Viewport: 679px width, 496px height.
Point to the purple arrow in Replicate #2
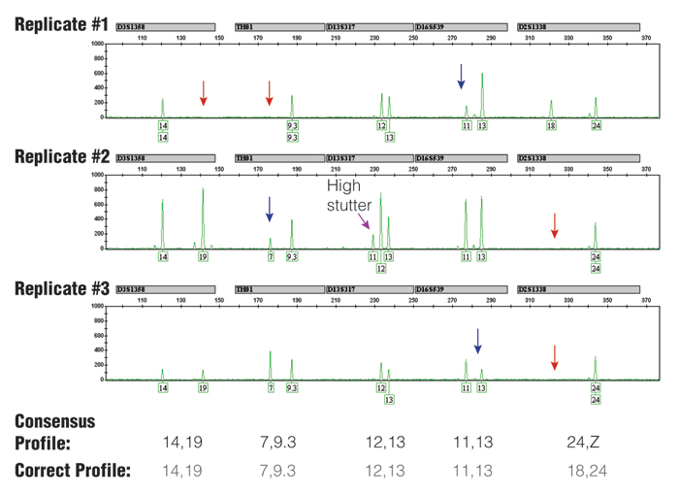[x=366, y=224]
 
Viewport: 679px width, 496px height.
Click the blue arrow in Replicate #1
[x=461, y=77]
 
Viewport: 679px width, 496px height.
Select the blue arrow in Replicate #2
[x=270, y=209]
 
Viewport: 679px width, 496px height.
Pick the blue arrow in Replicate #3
[x=477, y=341]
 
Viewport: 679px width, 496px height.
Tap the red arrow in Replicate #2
[x=555, y=225]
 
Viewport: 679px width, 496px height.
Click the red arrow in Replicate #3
[x=555, y=357]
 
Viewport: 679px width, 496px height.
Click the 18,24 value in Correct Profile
[x=583, y=471]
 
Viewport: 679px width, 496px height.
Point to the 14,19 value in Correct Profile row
[x=187, y=471]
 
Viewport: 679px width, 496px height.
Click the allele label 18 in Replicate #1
[x=551, y=126]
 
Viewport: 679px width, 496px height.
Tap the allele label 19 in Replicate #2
[x=203, y=257]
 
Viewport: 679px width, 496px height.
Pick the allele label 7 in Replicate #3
[x=271, y=388]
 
